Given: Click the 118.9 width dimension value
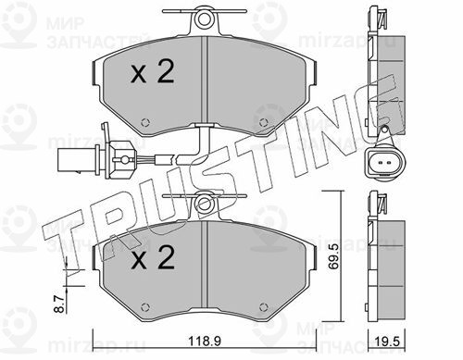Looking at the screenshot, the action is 205,341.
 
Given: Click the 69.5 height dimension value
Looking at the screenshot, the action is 333,256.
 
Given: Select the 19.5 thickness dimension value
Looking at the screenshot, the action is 388,341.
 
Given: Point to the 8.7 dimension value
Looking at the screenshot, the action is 61,304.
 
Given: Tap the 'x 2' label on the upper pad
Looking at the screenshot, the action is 153,72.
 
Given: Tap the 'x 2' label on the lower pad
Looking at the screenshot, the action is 153,257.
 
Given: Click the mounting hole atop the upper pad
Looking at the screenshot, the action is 204,19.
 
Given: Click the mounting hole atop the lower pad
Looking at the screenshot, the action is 204,204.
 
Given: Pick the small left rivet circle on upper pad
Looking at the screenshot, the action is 145,122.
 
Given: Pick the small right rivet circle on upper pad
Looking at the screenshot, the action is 263,122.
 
